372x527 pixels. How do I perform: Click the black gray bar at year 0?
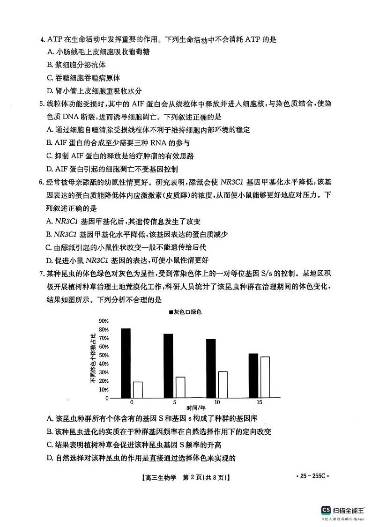click(x=126, y=363)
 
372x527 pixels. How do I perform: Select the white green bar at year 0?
click(x=137, y=389)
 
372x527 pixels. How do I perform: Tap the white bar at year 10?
click(x=223, y=384)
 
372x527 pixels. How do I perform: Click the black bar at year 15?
click(x=253, y=375)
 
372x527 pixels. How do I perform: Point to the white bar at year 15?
click(x=265, y=377)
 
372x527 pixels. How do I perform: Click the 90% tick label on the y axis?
click(x=104, y=321)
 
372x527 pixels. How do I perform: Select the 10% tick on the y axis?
click(x=104, y=390)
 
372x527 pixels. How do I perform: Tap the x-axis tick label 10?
click(x=217, y=402)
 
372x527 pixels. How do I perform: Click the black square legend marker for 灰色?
click(x=171, y=312)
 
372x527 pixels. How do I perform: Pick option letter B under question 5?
click(x=50, y=143)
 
